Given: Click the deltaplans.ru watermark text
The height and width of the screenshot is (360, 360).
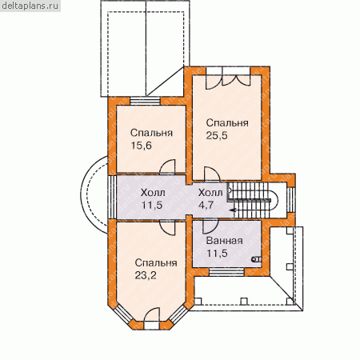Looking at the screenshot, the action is click(x=30, y=6).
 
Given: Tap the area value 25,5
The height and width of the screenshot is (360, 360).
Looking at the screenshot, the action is click(x=217, y=136).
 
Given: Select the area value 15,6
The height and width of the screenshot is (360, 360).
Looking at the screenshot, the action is click(x=141, y=146).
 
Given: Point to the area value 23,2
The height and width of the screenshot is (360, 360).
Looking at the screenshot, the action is click(x=146, y=275).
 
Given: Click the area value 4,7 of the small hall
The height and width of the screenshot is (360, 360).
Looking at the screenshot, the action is click(x=206, y=205).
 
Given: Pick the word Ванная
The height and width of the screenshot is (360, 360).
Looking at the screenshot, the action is click(x=225, y=241).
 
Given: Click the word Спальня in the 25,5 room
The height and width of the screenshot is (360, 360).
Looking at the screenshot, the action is click(x=227, y=123).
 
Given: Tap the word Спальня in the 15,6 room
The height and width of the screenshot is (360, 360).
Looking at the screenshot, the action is click(x=151, y=133).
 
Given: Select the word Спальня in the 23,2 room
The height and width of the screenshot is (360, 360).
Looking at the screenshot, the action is click(x=156, y=262).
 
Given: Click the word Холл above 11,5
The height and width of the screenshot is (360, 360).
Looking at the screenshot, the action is click(x=153, y=193).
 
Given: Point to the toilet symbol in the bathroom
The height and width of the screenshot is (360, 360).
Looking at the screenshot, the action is click(x=257, y=258).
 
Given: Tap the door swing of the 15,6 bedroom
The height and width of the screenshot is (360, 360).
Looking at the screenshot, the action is click(x=167, y=166).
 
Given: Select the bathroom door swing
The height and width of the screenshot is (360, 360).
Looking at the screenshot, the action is click(x=210, y=226).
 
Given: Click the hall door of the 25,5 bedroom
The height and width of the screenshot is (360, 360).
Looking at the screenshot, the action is click(x=212, y=174).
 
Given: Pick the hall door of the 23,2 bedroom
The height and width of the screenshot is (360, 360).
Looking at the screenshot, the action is click(x=167, y=227).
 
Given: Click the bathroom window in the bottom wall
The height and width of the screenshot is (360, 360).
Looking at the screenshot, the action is click(x=226, y=272).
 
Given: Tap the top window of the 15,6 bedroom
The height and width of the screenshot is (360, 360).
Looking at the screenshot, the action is click(x=146, y=102).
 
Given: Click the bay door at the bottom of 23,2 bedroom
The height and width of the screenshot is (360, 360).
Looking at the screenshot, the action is click(x=152, y=318).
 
